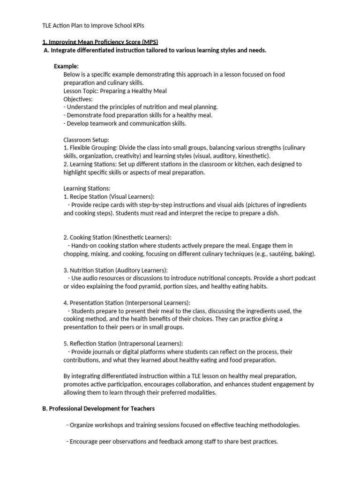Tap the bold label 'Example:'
pos(66,66)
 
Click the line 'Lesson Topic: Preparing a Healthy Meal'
pos(115,90)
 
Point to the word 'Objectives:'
pos(78,99)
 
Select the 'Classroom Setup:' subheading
pos(86,140)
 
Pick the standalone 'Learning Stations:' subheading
pos(87,188)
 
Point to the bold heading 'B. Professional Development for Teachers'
pos(98,409)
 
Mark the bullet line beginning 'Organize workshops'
pos(183,425)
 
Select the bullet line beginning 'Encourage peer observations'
pos(172,442)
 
